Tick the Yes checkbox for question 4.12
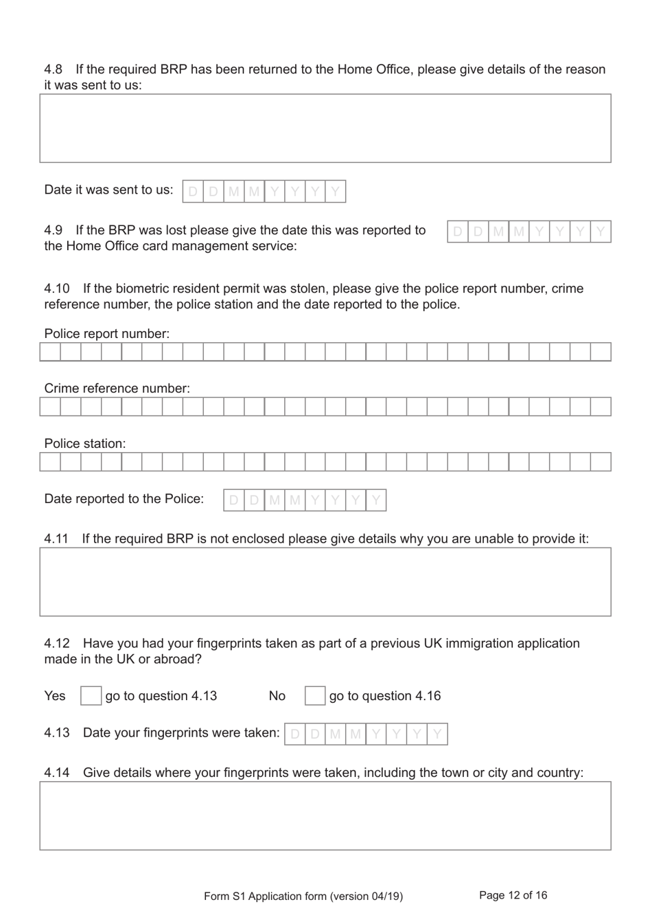91,696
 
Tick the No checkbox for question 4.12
315,696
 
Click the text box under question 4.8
325,128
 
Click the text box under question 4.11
325,582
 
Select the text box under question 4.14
325,816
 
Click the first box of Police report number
50,352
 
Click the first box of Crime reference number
50,407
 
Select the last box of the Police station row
601,462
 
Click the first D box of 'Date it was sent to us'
193,191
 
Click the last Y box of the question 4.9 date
601,232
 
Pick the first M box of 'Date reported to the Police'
275,500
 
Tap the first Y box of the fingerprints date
376,734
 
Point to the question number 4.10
57,289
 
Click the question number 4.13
57,733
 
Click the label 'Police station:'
85,444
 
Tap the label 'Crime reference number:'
117,389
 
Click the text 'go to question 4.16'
385,696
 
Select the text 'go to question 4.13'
161,696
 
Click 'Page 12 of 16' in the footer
513,895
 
